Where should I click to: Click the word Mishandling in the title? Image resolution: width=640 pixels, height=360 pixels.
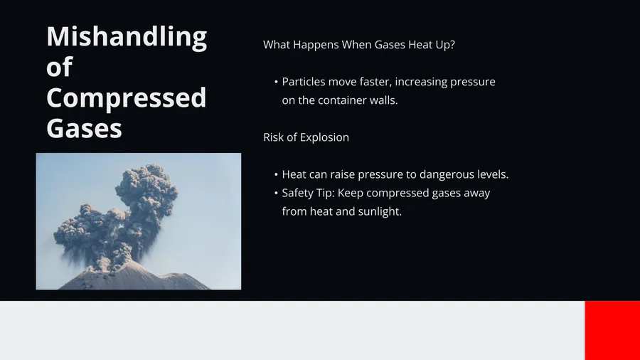[127, 38]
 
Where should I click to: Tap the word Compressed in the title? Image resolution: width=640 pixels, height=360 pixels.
[126, 98]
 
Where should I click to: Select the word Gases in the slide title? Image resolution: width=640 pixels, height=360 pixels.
[84, 129]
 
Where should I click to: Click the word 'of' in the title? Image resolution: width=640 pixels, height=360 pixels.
[60, 67]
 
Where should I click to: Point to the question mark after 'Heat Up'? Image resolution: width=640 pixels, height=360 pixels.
[452, 45]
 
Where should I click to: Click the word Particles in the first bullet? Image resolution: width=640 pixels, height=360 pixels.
[303, 82]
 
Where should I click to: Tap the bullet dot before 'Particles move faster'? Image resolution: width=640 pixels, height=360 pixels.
[277, 82]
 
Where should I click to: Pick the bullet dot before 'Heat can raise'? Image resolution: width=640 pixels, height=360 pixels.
[277, 175]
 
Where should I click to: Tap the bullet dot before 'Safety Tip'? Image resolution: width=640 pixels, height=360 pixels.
[277, 193]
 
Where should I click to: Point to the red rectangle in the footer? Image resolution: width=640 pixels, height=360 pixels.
[612, 331]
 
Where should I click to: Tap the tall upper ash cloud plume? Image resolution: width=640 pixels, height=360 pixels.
[147, 192]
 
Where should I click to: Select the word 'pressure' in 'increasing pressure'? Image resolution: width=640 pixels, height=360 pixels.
[473, 82]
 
